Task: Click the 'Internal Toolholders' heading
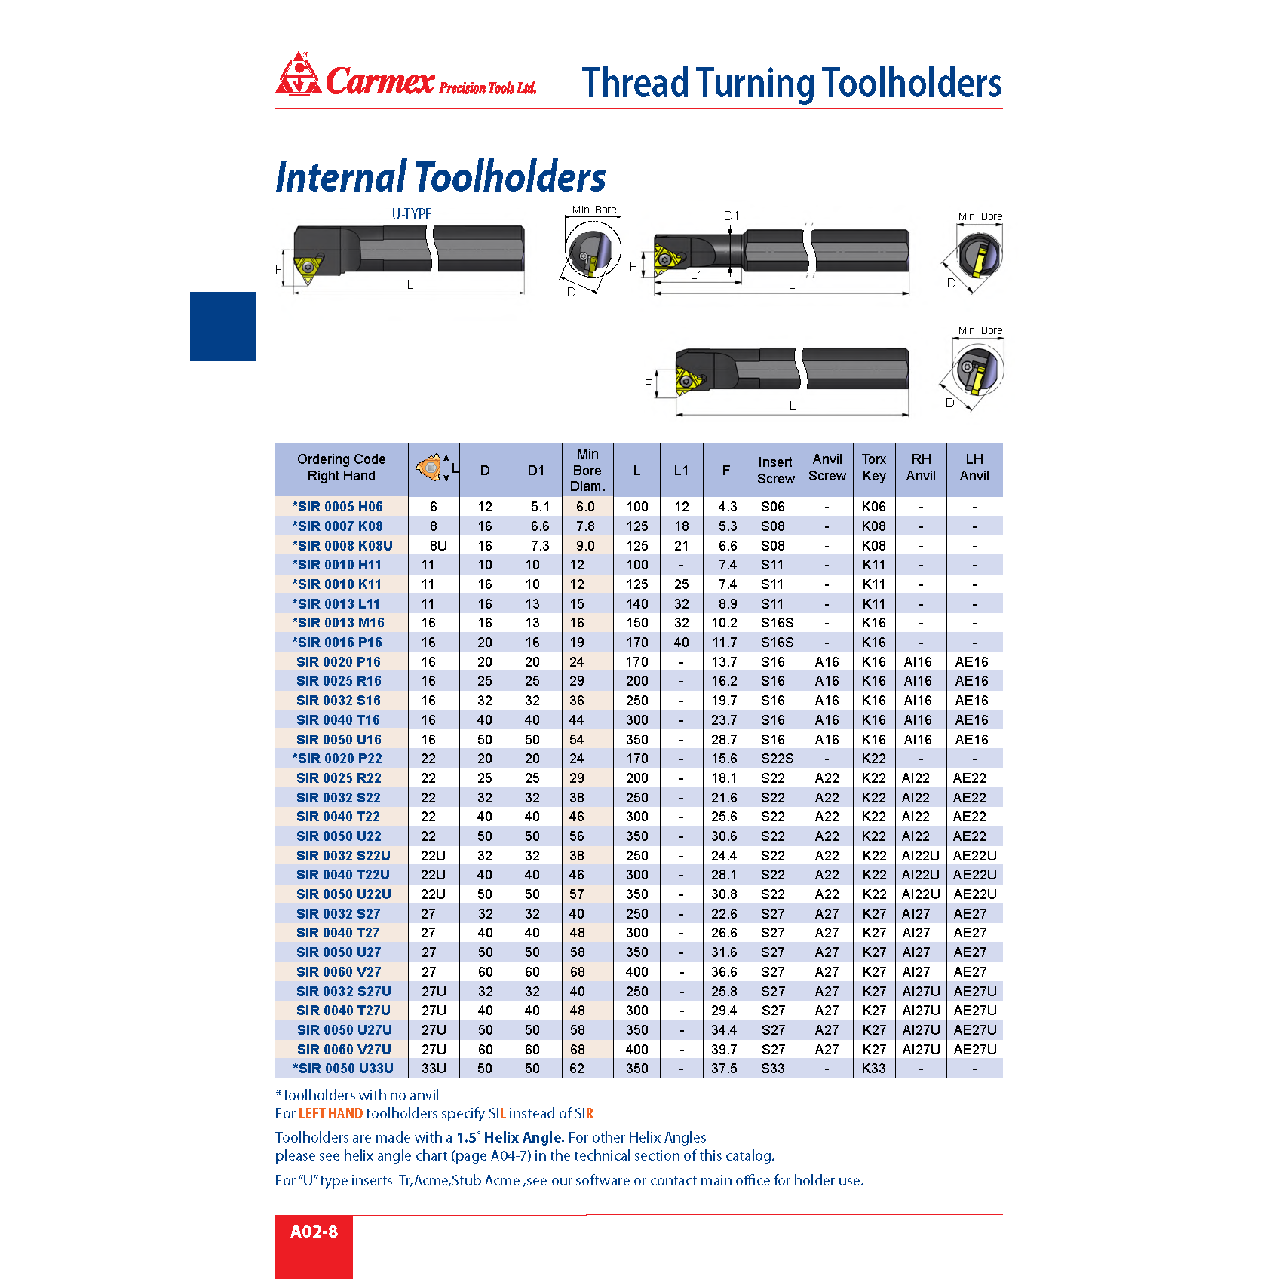click(440, 177)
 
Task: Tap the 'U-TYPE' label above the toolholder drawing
click(411, 214)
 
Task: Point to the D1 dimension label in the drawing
click(731, 216)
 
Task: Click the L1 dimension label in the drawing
click(697, 275)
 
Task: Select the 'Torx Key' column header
click(874, 468)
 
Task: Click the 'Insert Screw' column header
click(775, 470)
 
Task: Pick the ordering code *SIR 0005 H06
click(337, 507)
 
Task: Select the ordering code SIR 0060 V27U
click(344, 1049)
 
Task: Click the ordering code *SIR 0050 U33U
click(343, 1069)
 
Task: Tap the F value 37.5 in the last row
click(724, 1069)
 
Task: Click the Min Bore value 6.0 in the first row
click(585, 507)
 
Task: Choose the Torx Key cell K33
click(874, 1069)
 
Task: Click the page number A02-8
click(314, 1231)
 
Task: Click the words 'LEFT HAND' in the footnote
click(330, 1114)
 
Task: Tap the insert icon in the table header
click(431, 468)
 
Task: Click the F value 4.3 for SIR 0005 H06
click(727, 507)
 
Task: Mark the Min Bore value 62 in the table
click(577, 1069)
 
